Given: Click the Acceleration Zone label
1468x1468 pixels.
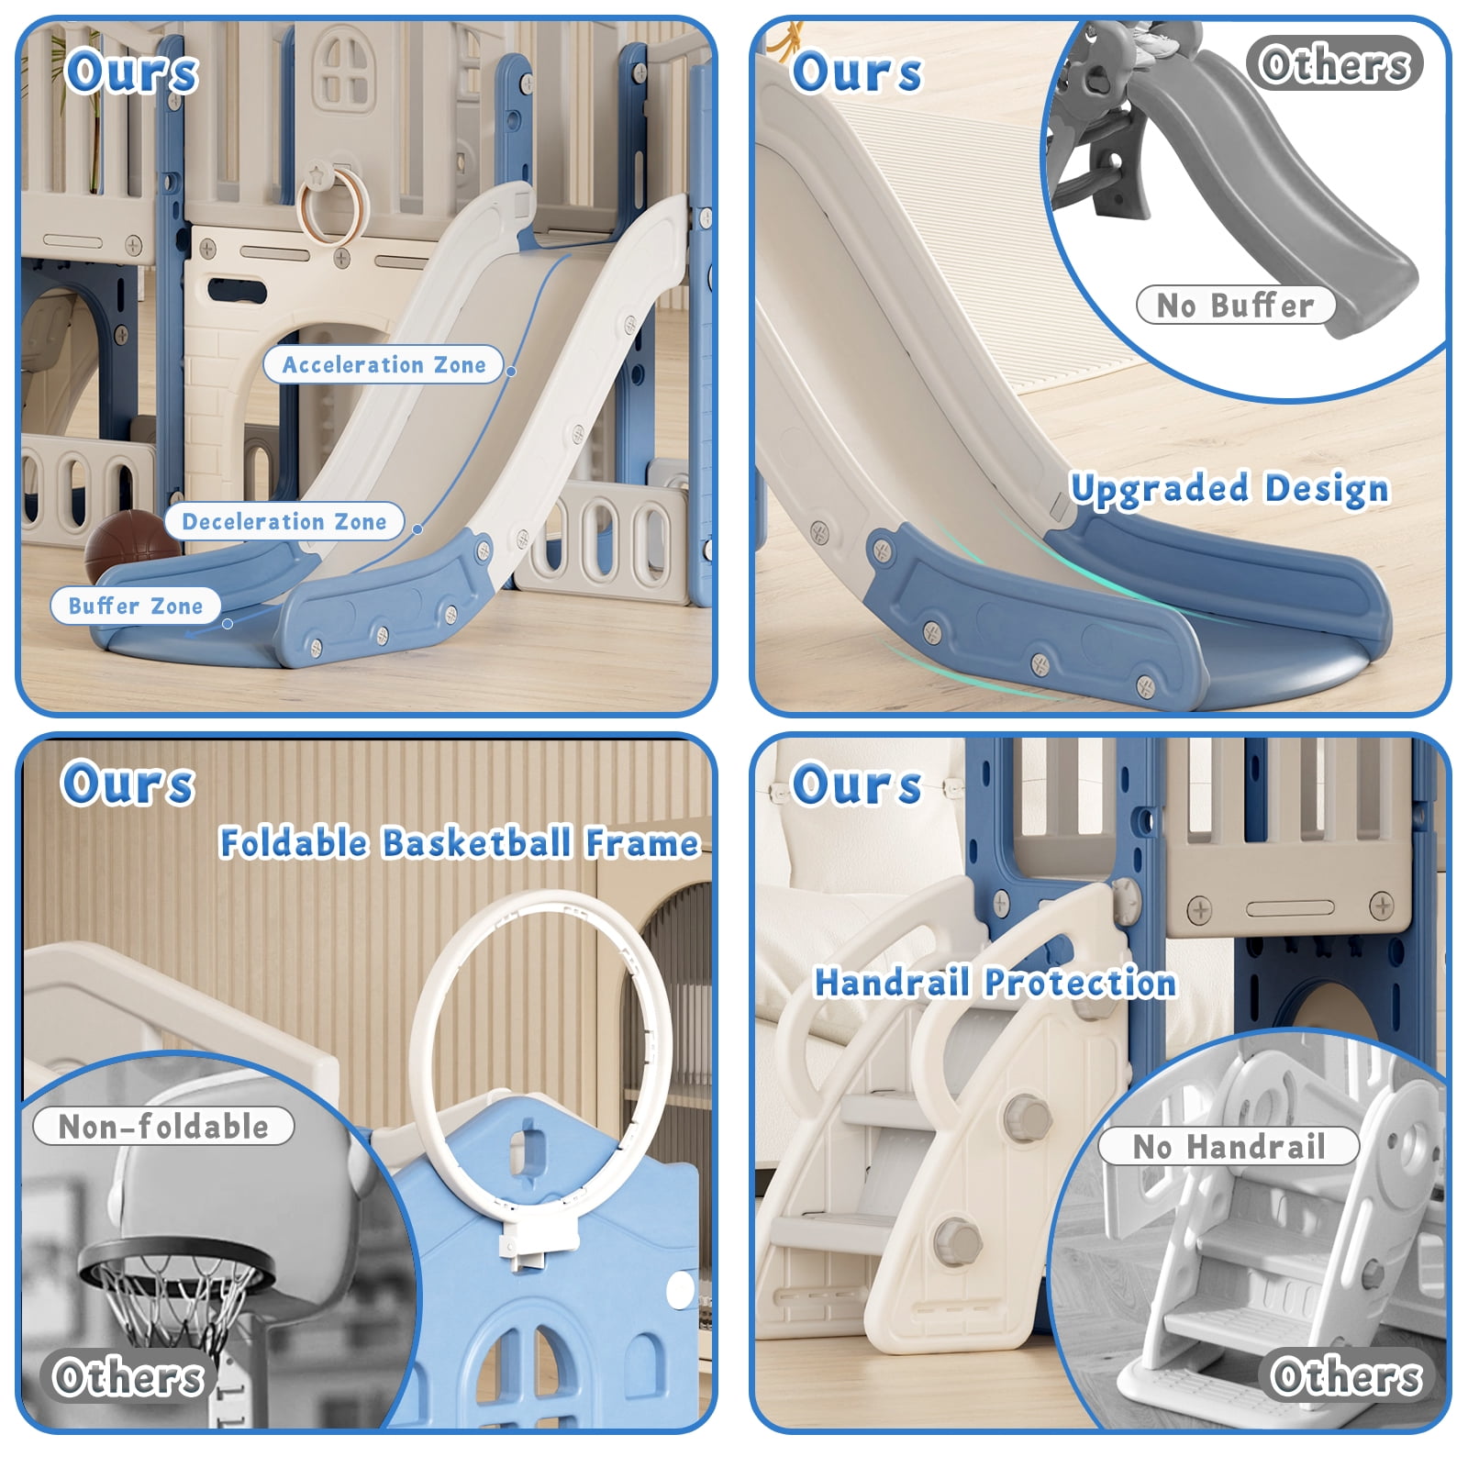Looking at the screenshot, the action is point(384,364).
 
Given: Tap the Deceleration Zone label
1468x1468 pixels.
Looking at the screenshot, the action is point(284,521).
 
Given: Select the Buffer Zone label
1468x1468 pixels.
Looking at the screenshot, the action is point(136,606).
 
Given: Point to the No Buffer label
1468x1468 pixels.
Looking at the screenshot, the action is point(1235,305).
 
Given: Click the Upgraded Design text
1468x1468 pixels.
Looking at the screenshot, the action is point(1229,489).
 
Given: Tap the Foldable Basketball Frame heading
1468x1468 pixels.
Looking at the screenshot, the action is point(459,842).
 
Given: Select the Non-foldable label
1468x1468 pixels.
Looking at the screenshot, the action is point(163,1126).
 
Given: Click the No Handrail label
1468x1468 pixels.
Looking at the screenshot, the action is point(1229,1146).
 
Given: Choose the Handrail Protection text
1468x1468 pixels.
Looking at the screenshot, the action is point(995,983).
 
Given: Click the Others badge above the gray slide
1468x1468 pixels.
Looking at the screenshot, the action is point(1335,64).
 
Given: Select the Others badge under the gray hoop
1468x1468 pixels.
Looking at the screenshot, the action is point(128,1377).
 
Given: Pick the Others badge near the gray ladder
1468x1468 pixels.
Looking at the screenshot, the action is point(1346,1375).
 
